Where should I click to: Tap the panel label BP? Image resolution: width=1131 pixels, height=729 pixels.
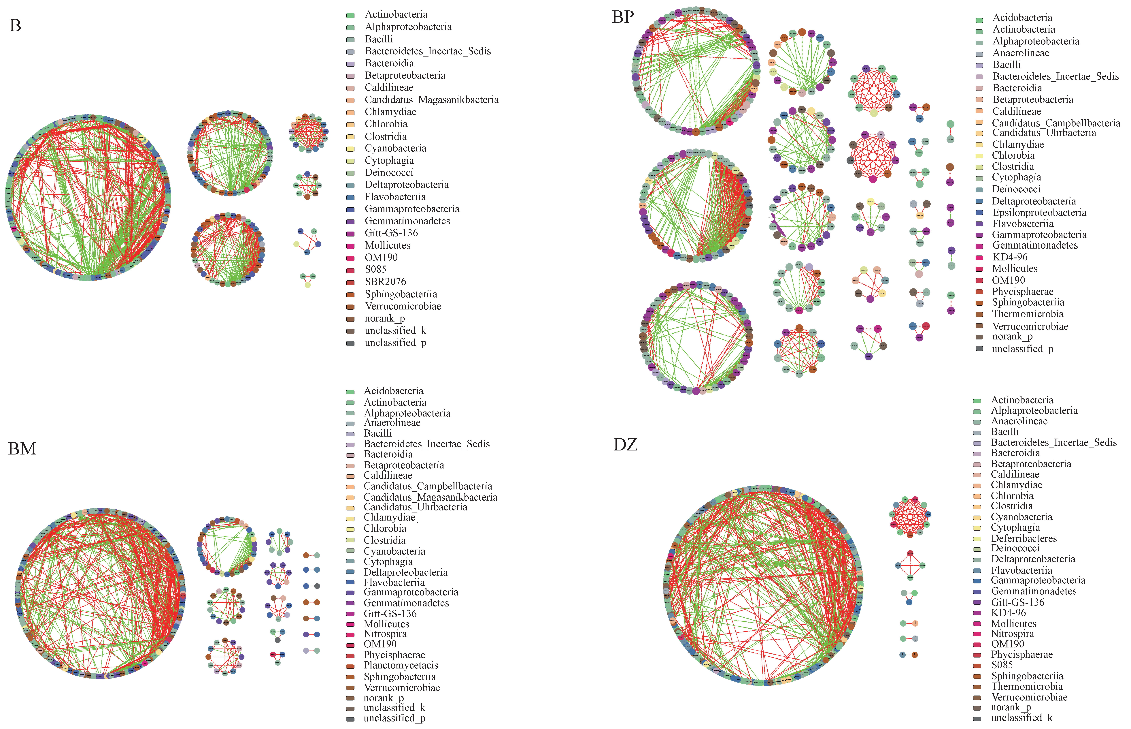pyautogui.click(x=622, y=17)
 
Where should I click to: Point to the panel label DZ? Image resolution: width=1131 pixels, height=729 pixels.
pyautogui.click(x=625, y=444)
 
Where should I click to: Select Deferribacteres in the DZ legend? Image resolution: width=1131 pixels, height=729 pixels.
pyautogui.click(x=1024, y=538)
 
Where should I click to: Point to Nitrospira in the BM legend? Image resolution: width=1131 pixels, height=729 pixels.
pyautogui.click(x=385, y=634)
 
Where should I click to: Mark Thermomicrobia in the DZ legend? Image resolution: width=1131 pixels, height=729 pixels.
pyautogui.click(x=1027, y=686)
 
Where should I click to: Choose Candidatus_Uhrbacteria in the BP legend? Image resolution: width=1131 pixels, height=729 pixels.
pyautogui.click(x=1044, y=133)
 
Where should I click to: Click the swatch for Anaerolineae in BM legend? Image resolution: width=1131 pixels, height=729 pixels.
pyautogui.click(x=350, y=424)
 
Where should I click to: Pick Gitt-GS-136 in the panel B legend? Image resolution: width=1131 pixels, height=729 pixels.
pyautogui.click(x=391, y=233)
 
